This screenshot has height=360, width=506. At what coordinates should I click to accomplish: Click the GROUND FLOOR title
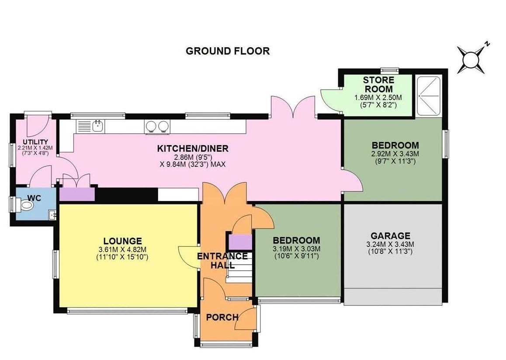click(x=228, y=51)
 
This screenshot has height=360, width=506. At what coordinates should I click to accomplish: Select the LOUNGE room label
click(x=123, y=241)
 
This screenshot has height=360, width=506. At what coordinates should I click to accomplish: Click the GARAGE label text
click(x=391, y=236)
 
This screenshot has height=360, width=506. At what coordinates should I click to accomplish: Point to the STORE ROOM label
click(x=378, y=84)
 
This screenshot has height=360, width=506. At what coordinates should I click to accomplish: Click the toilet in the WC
click(x=25, y=205)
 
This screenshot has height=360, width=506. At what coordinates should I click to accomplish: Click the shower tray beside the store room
click(x=429, y=96)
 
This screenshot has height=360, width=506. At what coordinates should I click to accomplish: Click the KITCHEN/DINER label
click(x=193, y=149)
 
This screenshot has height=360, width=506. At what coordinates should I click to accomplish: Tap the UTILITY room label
click(x=35, y=142)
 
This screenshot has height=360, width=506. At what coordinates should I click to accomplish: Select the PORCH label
click(x=222, y=318)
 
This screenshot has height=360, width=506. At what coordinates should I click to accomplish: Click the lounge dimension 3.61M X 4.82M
click(x=123, y=249)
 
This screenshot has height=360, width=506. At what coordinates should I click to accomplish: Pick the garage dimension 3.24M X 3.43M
click(x=391, y=245)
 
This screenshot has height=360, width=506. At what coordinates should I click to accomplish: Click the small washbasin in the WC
click(x=52, y=215)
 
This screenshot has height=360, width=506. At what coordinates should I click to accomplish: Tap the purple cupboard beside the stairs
click(x=240, y=242)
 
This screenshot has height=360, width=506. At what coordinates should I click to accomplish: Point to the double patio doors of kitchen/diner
click(x=293, y=107)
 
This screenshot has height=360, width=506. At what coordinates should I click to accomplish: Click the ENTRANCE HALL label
click(x=222, y=261)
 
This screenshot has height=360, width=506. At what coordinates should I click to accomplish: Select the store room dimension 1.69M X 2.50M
click(x=378, y=97)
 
